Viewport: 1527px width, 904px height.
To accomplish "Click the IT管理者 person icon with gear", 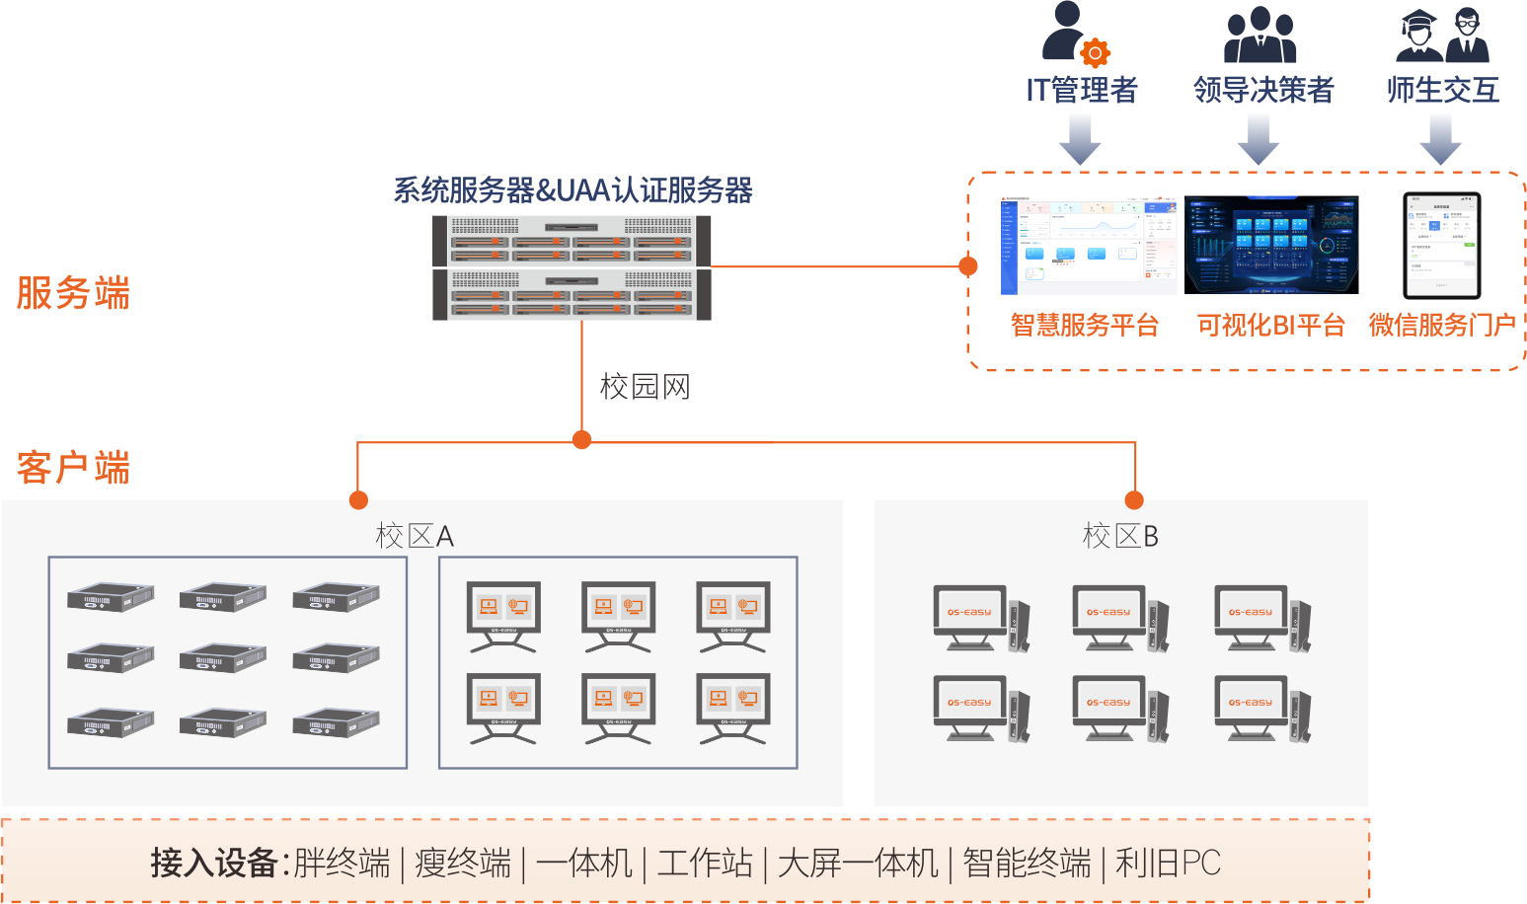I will pyautogui.click(x=1075, y=34).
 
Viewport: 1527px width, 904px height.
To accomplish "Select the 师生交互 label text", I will pyautogui.click(x=1442, y=90).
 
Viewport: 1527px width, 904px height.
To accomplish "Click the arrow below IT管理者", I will pyautogui.click(x=1080, y=138).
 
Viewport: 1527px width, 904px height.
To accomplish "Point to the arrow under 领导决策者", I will pyautogui.click(x=1259, y=138).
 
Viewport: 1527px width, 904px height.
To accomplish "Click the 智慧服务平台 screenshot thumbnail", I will pyautogui.click(x=1088, y=245).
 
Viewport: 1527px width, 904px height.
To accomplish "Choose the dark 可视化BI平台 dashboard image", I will pyautogui.click(x=1271, y=245).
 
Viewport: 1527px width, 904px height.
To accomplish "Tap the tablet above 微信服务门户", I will pyautogui.click(x=1442, y=245).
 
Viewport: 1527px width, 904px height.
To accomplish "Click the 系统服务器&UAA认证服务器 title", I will pyautogui.click(x=573, y=189).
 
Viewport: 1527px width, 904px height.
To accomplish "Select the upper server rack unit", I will pyautogui.click(x=572, y=241).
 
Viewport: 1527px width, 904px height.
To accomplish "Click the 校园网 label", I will pyautogui.click(x=645, y=386).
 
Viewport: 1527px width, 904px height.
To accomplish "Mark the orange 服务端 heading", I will pyautogui.click(x=73, y=293).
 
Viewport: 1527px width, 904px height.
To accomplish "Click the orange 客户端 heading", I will pyautogui.click(x=73, y=467).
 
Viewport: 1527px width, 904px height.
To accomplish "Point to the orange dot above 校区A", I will pyautogui.click(x=358, y=499).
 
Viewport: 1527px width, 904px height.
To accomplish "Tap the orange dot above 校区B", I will pyautogui.click(x=1135, y=499).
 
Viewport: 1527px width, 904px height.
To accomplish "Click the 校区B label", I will pyautogui.click(x=1119, y=536).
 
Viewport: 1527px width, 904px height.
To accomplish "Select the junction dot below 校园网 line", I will pyautogui.click(x=582, y=440).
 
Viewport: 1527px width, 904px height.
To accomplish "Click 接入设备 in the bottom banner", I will pyautogui.click(x=213, y=863).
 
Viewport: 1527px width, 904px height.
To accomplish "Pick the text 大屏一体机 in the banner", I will pyautogui.click(x=857, y=863).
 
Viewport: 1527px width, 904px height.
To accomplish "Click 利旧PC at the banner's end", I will pyautogui.click(x=1168, y=863).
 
